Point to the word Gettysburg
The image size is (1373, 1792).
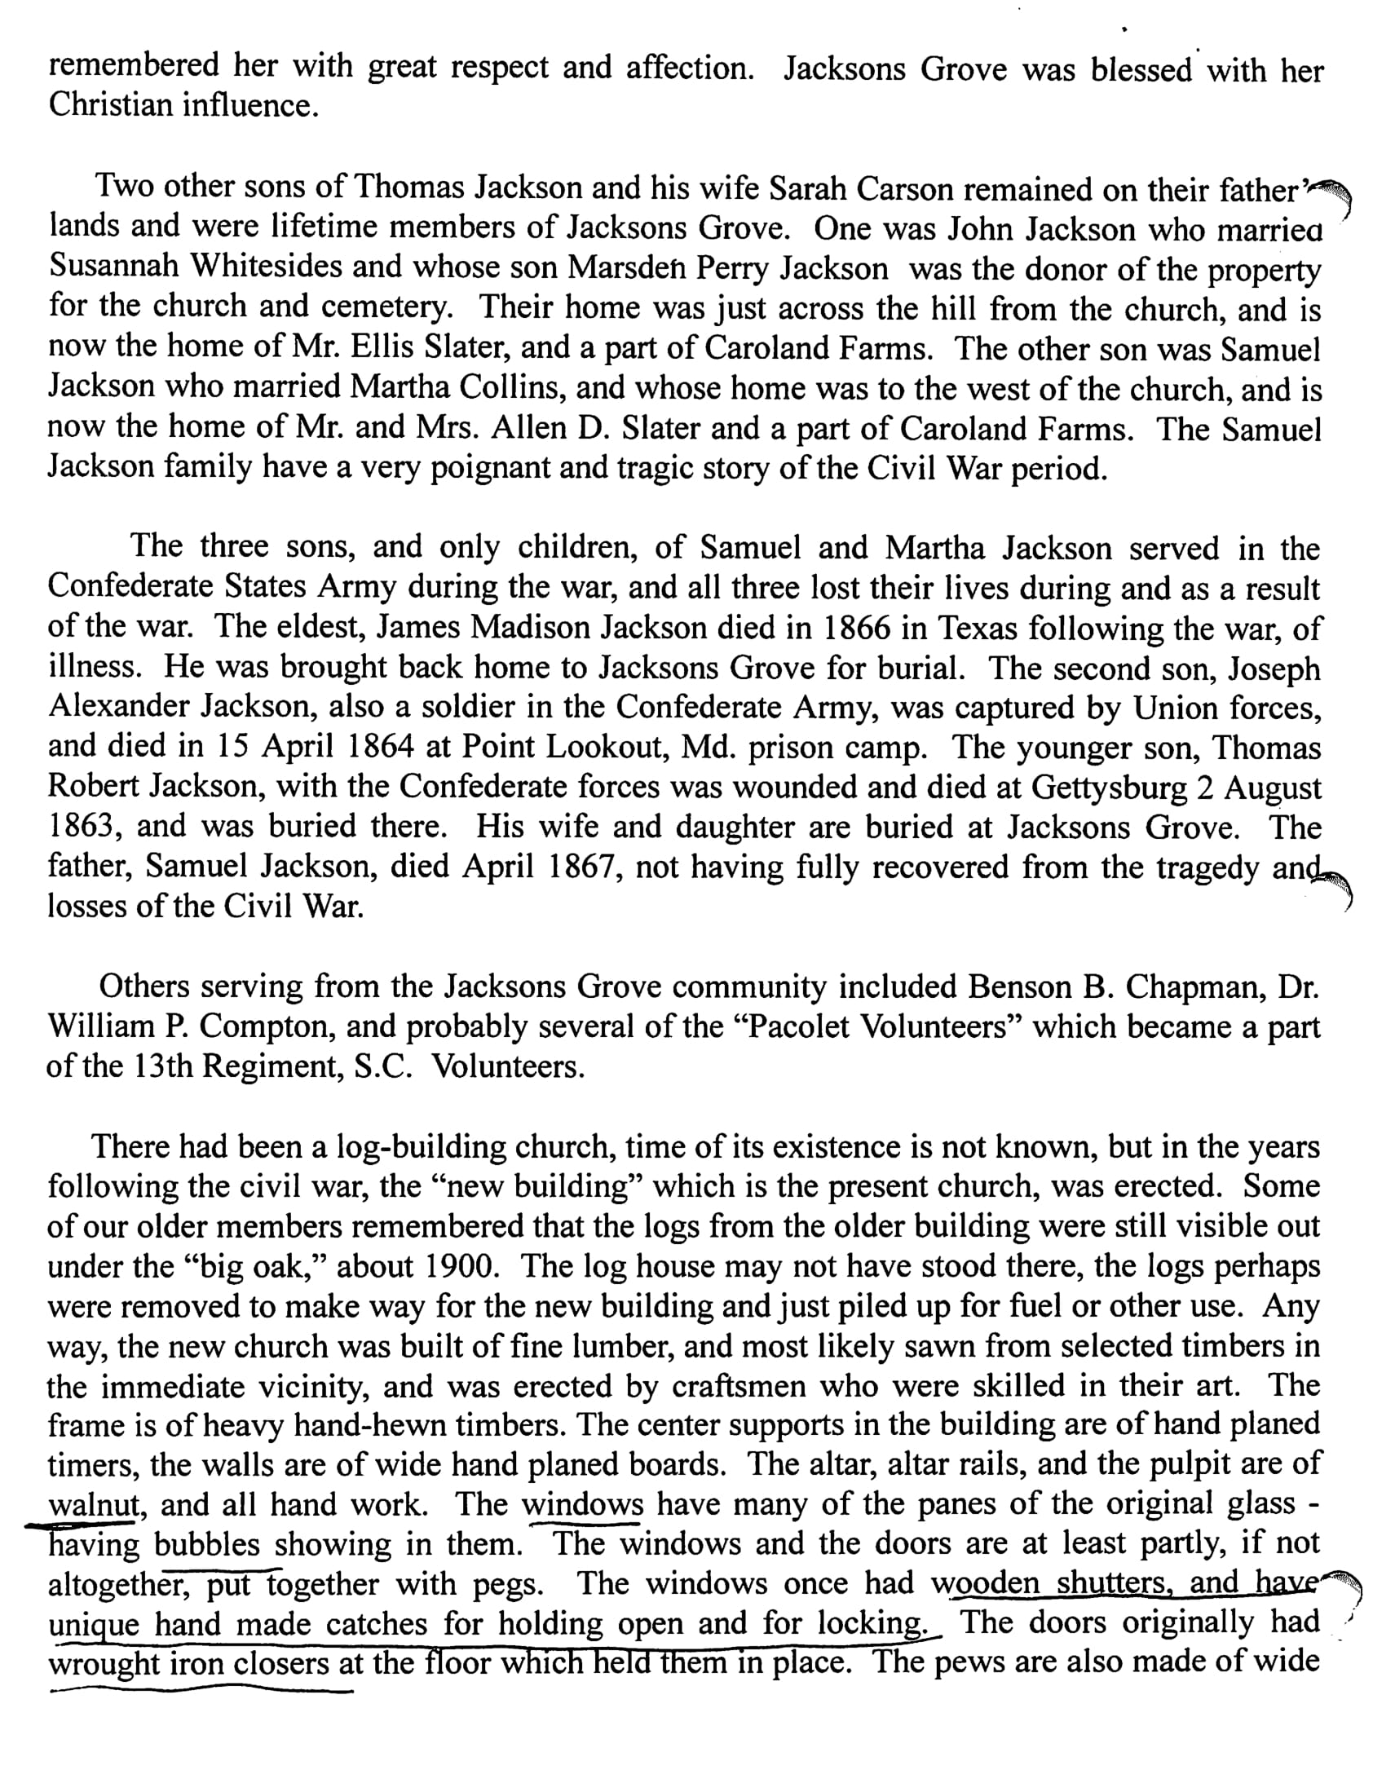coord(1108,787)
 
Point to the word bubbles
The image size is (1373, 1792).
coord(207,1544)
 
